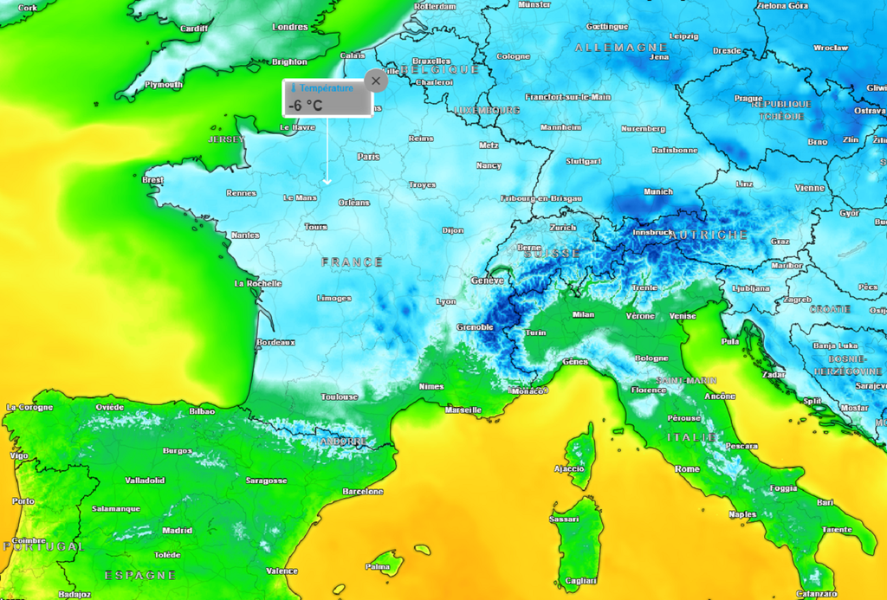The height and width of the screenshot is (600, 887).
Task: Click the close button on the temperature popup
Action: pyautogui.click(x=375, y=81)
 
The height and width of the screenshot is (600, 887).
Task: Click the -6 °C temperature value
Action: pyautogui.click(x=305, y=105)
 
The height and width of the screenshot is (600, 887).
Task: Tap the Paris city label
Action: pyautogui.click(x=369, y=157)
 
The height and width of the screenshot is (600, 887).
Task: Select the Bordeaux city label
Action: pyautogui.click(x=275, y=343)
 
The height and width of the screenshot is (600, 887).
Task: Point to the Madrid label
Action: pyautogui.click(x=177, y=531)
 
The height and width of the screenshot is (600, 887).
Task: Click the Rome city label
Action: pyautogui.click(x=687, y=468)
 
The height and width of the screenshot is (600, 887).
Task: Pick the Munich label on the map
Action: pyautogui.click(x=658, y=191)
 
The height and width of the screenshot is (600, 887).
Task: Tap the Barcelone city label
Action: pyautogui.click(x=362, y=492)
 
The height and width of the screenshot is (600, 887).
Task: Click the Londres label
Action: pyautogui.click(x=290, y=27)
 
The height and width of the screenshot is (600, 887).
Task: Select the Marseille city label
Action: pyautogui.click(x=463, y=410)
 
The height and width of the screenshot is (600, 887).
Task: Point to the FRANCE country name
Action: pyautogui.click(x=352, y=261)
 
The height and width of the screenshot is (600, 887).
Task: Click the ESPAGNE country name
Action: pyautogui.click(x=139, y=575)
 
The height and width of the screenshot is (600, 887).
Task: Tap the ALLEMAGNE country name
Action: pyautogui.click(x=621, y=48)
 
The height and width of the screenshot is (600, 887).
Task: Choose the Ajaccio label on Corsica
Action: pyautogui.click(x=569, y=468)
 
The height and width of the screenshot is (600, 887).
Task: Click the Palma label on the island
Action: pyautogui.click(x=377, y=567)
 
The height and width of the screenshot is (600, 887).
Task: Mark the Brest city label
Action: pyautogui.click(x=152, y=180)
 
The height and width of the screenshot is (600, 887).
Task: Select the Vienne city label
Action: pyautogui.click(x=810, y=187)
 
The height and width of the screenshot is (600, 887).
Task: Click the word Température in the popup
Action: pyautogui.click(x=326, y=88)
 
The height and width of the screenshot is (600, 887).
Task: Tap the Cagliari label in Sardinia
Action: pyautogui.click(x=580, y=580)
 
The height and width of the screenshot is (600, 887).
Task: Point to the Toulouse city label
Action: pyautogui.click(x=340, y=397)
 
